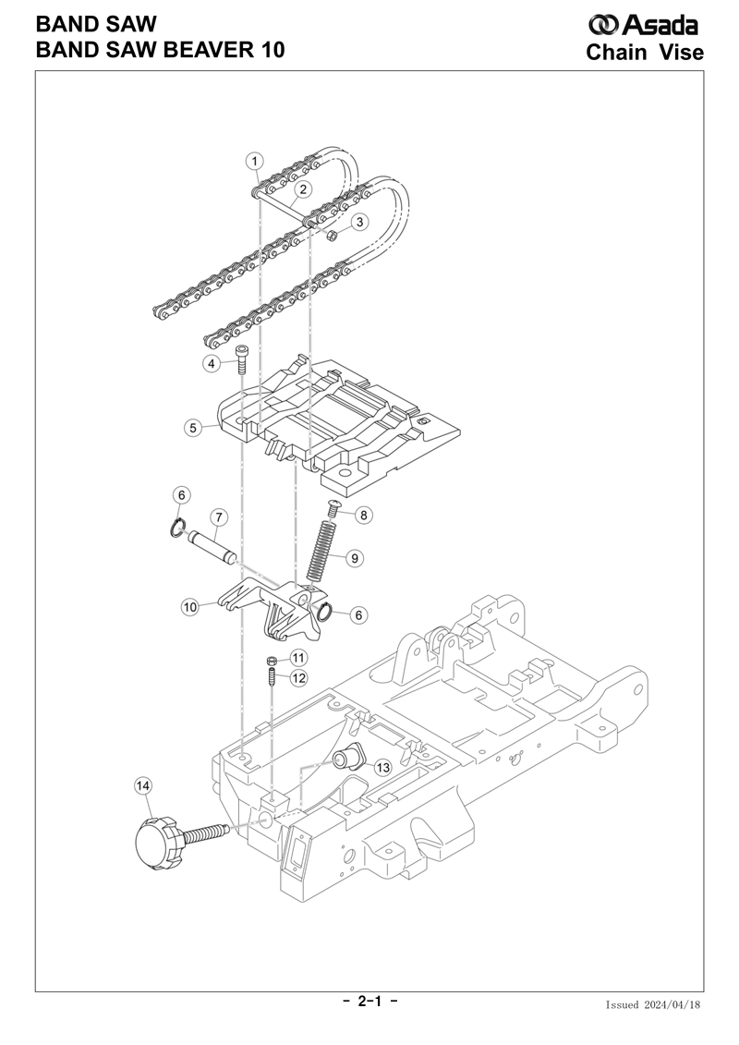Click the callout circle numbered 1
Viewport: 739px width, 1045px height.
click(x=255, y=161)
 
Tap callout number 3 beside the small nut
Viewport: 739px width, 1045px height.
click(x=359, y=222)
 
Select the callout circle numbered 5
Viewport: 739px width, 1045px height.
click(x=193, y=427)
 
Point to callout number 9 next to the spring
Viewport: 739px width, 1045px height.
click(x=355, y=557)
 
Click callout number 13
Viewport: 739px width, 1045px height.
click(x=382, y=768)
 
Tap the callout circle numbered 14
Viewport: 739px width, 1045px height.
click(x=143, y=785)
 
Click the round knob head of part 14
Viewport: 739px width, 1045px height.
click(x=157, y=843)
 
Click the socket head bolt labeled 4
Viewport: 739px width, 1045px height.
click(x=240, y=360)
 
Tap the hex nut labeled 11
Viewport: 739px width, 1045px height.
click(x=272, y=661)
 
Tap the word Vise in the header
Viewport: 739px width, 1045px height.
click(x=681, y=52)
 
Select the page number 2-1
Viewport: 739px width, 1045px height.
click(x=369, y=1001)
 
